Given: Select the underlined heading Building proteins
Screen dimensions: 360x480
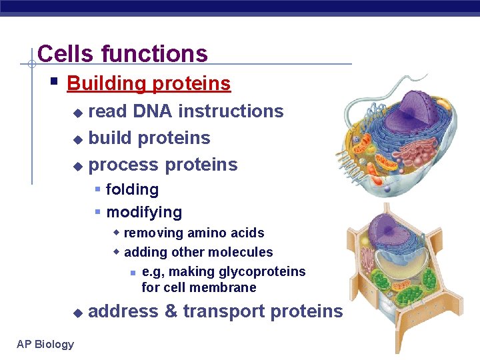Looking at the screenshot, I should click(149, 84).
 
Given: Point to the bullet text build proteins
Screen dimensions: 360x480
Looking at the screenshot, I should click(149, 138).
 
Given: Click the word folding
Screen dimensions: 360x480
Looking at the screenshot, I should click(132, 190).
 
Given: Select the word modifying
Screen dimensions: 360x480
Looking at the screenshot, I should click(144, 213).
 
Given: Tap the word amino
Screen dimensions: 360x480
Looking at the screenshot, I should click(206, 233).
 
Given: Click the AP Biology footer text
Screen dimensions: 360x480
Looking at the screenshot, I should click(45, 344).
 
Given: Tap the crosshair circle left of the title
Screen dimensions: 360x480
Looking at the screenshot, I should click(31, 65).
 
